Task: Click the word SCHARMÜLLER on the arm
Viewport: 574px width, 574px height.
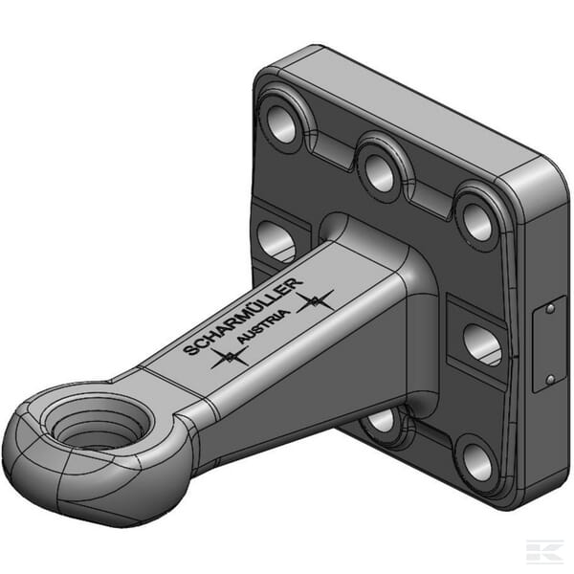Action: (243, 317)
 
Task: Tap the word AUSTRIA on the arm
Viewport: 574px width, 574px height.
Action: (264, 326)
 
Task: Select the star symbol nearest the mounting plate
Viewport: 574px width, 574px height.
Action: (315, 301)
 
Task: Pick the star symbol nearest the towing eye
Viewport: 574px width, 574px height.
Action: (230, 357)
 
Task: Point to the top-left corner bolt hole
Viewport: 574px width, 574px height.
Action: (282, 123)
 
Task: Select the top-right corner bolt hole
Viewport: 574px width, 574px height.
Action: (477, 223)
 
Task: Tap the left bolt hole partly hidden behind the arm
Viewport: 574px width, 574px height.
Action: (276, 242)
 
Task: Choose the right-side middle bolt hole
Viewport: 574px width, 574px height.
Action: (482, 344)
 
